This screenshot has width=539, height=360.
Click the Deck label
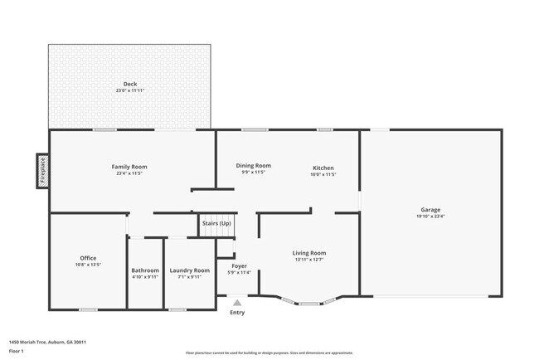point(129,83)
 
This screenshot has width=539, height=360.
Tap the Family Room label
point(129,167)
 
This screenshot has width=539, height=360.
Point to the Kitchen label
point(323,168)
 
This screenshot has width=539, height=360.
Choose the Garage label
point(430,209)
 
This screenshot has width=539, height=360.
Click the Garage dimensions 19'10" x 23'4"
point(430,216)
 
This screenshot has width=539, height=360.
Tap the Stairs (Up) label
point(216,223)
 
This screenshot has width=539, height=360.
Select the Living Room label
point(308,252)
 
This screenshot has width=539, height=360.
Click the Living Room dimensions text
point(308,260)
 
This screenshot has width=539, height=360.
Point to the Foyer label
point(238,265)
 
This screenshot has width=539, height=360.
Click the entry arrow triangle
point(237,303)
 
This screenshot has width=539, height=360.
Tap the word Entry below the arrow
point(237,313)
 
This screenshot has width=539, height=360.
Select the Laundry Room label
point(189,270)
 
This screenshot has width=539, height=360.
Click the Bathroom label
point(145,270)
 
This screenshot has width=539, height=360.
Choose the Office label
point(87,258)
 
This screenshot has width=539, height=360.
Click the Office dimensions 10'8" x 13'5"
point(87,265)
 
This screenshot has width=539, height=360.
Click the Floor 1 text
point(16,351)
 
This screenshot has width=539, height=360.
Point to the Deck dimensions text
point(129,90)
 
